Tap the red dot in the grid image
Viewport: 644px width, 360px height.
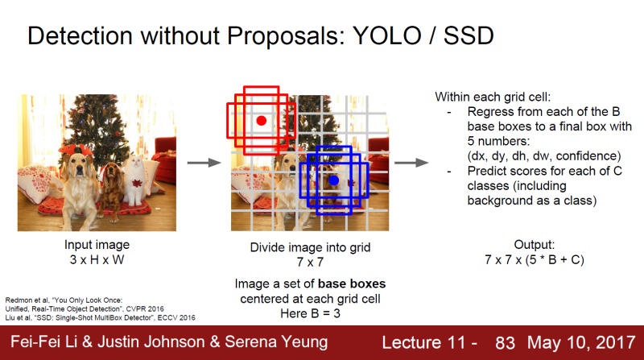[x=261, y=121]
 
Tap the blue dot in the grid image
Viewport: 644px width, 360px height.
[x=333, y=180]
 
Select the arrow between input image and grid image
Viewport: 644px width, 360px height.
[x=203, y=163]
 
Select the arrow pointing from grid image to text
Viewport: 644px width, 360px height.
[x=410, y=163]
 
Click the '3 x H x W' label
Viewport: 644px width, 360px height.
[x=97, y=259]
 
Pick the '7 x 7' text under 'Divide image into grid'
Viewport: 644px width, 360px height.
[x=310, y=261]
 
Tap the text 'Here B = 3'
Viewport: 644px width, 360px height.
[x=310, y=312]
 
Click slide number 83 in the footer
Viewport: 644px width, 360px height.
[x=505, y=342]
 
